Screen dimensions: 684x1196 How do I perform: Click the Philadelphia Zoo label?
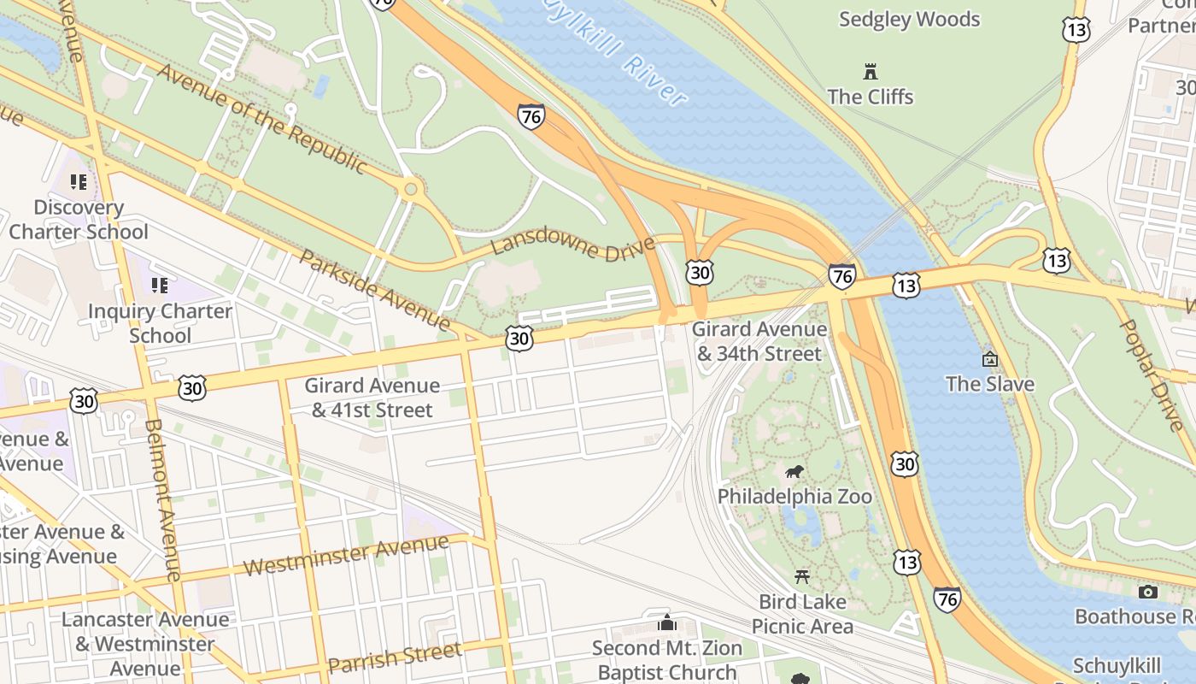[x=794, y=497]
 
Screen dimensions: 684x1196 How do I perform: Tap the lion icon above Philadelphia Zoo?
[x=794, y=472]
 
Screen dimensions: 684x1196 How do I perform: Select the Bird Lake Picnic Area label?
[x=802, y=614]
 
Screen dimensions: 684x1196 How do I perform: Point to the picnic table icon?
[x=802, y=576]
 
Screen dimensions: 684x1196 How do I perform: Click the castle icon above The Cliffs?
[x=871, y=71]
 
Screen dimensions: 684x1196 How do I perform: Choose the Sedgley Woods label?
[x=909, y=19]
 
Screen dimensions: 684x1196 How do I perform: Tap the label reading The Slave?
[x=989, y=384]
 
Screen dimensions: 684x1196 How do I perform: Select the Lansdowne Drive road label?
[x=573, y=246]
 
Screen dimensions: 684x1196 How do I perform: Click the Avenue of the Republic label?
[x=261, y=119]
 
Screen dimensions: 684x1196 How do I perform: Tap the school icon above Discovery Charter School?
[x=79, y=182]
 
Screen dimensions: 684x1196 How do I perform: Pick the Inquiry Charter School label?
[x=160, y=323]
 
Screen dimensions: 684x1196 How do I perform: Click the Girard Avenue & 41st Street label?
[x=372, y=398]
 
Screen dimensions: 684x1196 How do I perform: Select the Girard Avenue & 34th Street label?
[x=759, y=341]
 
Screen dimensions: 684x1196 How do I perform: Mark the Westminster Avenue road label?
[x=345, y=556]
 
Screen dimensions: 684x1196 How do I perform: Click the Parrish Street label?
[x=395, y=657]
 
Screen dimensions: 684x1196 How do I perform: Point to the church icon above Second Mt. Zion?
[x=666, y=622]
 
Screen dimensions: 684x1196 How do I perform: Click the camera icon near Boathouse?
[x=1148, y=592]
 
